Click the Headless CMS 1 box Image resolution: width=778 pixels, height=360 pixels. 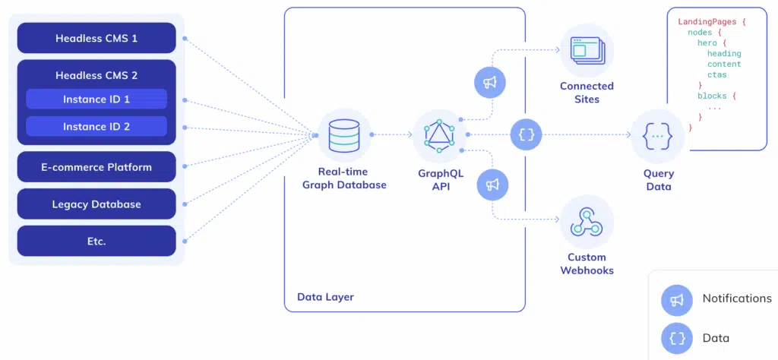[x=96, y=38]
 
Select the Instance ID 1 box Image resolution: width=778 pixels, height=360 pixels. [x=96, y=99]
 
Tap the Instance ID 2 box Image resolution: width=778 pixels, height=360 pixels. [x=96, y=126]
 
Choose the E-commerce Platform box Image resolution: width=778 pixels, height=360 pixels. [x=96, y=167]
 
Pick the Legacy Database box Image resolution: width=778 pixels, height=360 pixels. [x=96, y=204]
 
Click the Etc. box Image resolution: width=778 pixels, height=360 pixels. [x=96, y=242]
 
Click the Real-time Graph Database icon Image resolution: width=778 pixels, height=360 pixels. [x=344, y=135]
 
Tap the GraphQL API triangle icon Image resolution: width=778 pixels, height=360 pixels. [x=439, y=135]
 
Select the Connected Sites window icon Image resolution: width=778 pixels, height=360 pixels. [x=587, y=51]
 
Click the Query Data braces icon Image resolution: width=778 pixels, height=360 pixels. [x=657, y=135]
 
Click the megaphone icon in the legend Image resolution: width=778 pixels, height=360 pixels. [x=676, y=300]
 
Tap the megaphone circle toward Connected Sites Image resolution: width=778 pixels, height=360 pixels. [x=489, y=84]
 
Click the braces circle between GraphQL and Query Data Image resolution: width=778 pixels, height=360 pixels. [x=527, y=134]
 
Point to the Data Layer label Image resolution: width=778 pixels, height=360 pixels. [x=325, y=297]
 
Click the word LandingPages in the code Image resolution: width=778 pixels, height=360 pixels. [x=707, y=22]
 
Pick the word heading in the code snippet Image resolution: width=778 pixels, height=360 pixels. [x=723, y=54]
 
